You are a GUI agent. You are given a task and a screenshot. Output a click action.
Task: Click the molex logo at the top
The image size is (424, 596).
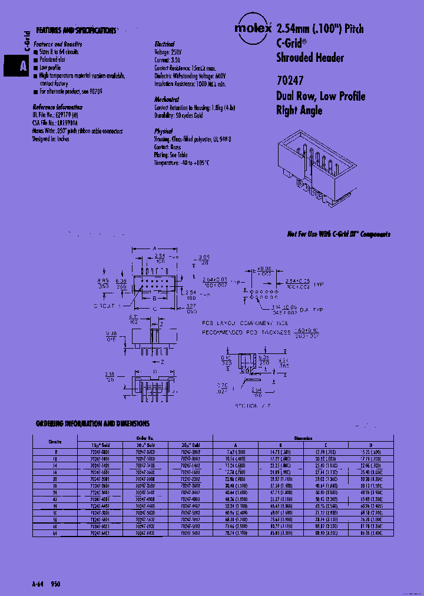tap(253, 28)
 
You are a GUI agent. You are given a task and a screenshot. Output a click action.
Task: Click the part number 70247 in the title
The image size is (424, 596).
tap(290, 81)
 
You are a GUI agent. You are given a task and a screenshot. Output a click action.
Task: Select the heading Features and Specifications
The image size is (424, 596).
tap(75, 30)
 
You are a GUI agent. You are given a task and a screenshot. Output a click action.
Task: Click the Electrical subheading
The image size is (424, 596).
tap(164, 44)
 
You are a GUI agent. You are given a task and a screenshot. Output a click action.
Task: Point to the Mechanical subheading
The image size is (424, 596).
tap(167, 100)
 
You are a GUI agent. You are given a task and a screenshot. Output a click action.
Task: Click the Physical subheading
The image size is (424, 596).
tap(163, 131)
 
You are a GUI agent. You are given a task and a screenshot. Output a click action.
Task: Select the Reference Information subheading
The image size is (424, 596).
tap(57, 107)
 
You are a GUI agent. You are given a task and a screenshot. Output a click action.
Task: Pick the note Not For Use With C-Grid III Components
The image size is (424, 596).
tap(339, 234)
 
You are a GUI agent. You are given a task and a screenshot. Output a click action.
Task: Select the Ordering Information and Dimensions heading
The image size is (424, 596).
tap(92, 423)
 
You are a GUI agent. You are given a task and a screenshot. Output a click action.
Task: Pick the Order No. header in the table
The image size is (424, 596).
tap(145, 438)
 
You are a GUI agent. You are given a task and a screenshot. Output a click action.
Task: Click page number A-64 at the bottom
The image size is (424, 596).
tap(38, 583)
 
